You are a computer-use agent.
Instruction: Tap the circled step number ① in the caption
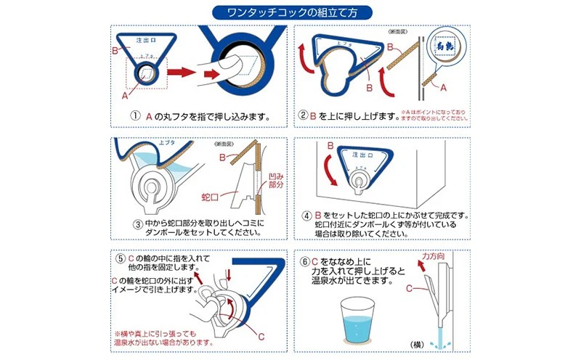pos(136,116)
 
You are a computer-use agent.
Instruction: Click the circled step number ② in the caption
pos(304,115)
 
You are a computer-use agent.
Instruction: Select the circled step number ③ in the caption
pos(134,224)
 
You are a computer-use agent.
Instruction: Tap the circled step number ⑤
pos(120,258)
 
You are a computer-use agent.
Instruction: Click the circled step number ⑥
pos(304,258)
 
